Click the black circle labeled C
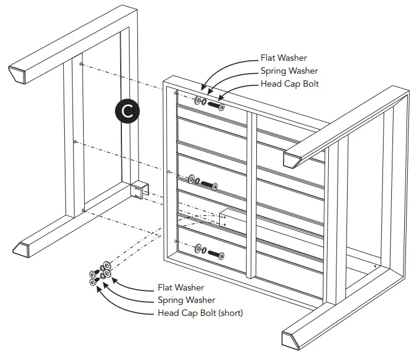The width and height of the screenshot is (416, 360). click(x=128, y=111)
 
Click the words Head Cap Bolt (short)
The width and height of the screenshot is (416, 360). click(x=200, y=313)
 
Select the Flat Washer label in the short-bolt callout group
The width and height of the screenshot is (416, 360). click(x=181, y=288)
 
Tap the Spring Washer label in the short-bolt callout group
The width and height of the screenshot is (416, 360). click(x=186, y=300)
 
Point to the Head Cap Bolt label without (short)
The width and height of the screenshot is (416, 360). click(x=290, y=84)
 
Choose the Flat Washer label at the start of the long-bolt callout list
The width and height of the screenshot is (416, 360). click(x=283, y=58)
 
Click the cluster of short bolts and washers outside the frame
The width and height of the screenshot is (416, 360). click(x=100, y=272)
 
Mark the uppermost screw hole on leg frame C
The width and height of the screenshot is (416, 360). click(x=81, y=64)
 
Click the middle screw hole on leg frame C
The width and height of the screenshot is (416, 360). click(x=75, y=141)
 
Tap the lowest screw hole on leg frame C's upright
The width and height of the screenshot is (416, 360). click(x=84, y=209)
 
